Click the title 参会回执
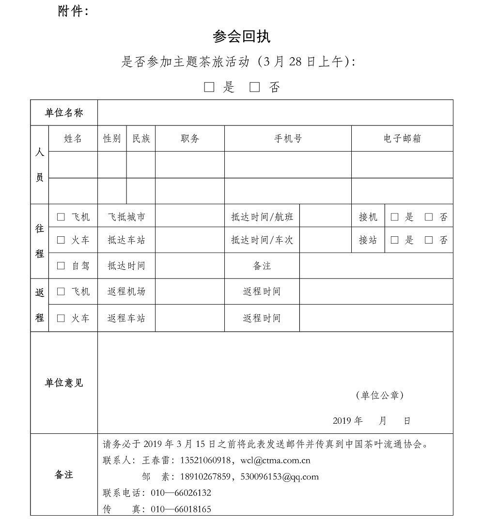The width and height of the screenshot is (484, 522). coord(241,37)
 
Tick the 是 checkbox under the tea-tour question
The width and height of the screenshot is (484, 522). coord(209,87)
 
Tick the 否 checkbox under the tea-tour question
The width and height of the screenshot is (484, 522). coord(255,87)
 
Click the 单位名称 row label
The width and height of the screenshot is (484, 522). coord(64,113)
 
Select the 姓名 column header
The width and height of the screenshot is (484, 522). coord(73,138)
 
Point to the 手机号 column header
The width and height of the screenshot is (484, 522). coord(288,138)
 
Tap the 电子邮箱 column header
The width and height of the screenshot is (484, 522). coord(402,138)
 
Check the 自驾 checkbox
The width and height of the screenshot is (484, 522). coord(61,265)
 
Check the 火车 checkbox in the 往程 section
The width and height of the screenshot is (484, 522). coord(61,240)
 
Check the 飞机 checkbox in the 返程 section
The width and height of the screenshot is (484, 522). coord(61,291)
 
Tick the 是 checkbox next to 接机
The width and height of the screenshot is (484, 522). coord(395,217)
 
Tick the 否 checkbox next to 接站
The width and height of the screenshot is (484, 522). coord(429,240)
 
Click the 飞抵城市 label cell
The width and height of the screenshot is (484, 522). coord(126,217)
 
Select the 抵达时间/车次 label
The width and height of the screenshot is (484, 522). coord(262,240)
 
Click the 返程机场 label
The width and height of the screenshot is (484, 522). coord(126,291)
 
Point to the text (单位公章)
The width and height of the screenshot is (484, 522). coord(380,396)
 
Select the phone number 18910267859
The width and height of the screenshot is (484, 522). coord(205,476)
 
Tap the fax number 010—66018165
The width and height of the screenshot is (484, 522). coord(181,509)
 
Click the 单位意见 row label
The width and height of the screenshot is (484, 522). coord(64,383)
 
